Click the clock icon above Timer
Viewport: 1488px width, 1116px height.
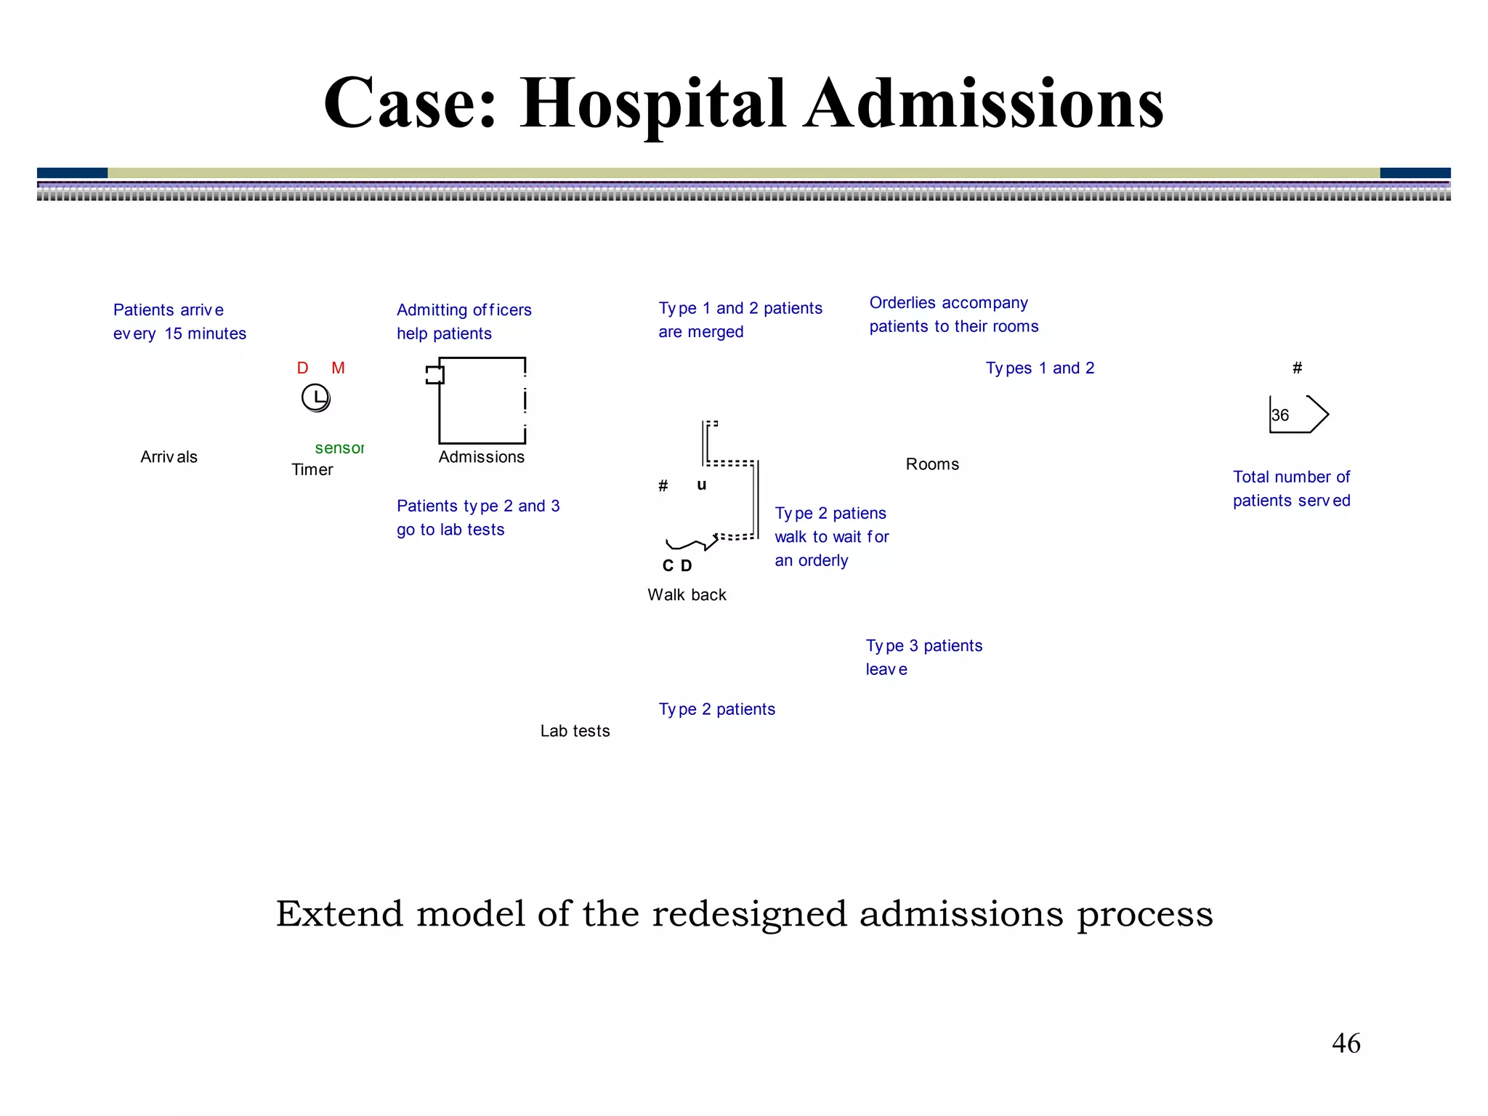point(316,398)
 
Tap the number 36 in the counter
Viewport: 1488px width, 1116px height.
point(1280,416)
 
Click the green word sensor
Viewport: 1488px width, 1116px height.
point(339,448)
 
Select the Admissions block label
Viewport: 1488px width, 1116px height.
point(481,457)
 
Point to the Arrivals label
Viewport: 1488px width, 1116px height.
point(169,457)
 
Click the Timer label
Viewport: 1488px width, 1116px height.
point(312,470)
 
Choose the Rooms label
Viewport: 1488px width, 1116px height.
point(932,464)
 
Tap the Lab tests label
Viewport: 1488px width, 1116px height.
point(575,731)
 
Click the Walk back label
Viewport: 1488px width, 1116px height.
point(687,595)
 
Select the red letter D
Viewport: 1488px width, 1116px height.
point(302,368)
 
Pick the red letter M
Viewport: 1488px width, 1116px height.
point(338,368)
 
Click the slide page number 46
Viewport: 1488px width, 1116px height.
point(1346,1043)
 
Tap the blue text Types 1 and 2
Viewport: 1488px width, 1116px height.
point(1040,368)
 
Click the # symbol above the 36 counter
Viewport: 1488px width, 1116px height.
point(1297,368)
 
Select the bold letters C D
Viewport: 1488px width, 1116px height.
point(677,566)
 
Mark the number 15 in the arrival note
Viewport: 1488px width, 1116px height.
point(173,334)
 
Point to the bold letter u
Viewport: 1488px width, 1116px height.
point(701,485)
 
